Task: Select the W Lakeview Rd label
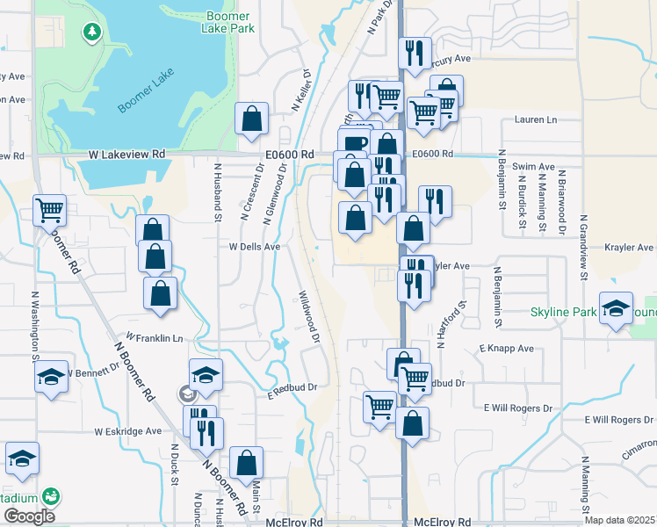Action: pos(126,154)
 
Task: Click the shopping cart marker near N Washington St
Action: pos(49,209)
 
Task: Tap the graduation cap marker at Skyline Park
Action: pos(616,307)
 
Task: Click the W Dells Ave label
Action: pos(254,248)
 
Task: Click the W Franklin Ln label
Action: pos(154,337)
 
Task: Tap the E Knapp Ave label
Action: pos(507,349)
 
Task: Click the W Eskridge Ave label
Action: pos(128,431)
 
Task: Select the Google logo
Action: pos(29,516)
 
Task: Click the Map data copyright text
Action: pos(620,520)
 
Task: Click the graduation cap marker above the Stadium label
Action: pos(22,457)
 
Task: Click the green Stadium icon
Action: pos(52,496)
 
